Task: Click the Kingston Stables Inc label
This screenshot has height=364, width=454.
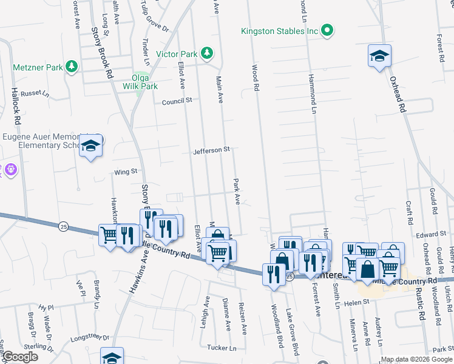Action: tap(279, 30)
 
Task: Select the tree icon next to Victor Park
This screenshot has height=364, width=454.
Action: tap(206, 54)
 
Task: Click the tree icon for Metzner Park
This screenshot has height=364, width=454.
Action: tap(72, 65)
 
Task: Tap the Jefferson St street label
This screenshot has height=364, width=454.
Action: tap(211, 150)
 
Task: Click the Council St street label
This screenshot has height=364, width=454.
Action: tap(177, 101)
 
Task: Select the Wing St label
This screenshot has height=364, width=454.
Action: tap(126, 172)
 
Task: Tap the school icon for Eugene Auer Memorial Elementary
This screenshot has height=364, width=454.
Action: tap(90, 146)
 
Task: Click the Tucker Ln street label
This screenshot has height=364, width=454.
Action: tap(221, 348)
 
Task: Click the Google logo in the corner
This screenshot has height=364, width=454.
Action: tap(20, 357)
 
